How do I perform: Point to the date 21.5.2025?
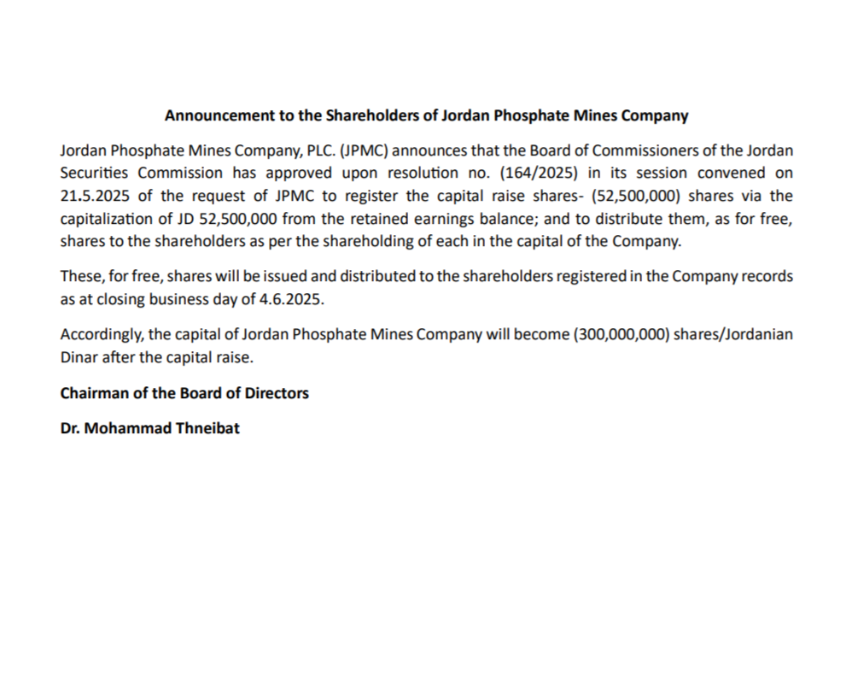click(x=94, y=196)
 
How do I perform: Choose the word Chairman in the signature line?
click(x=93, y=393)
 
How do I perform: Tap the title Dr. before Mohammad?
click(x=71, y=428)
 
